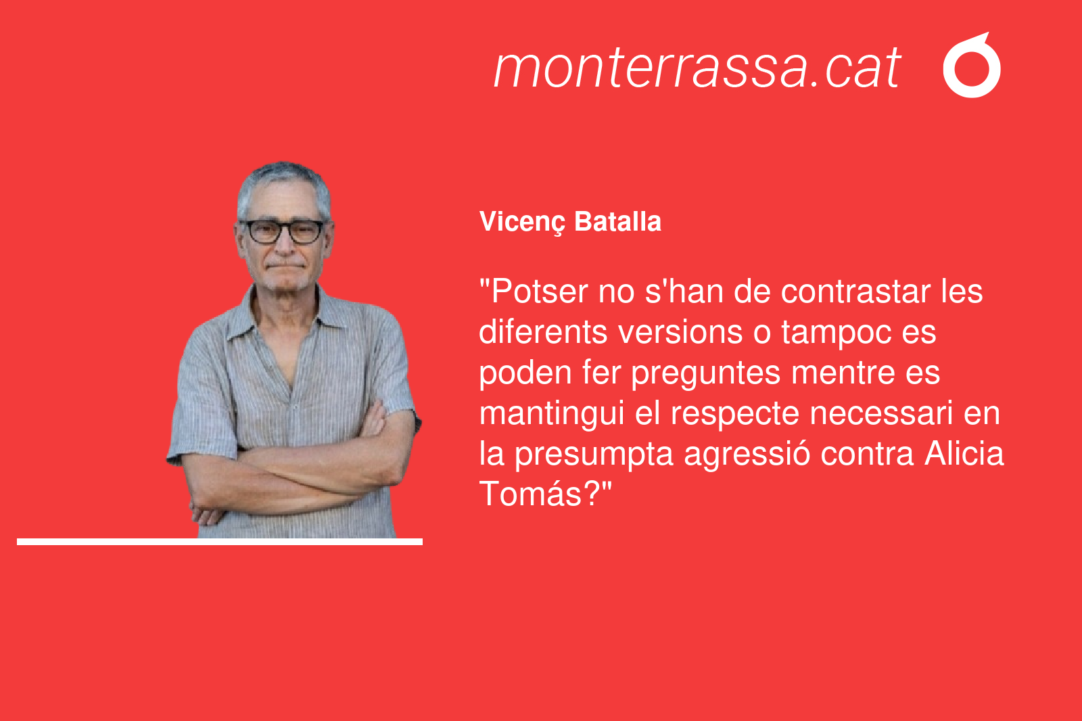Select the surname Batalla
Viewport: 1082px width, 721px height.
pyautogui.click(x=617, y=221)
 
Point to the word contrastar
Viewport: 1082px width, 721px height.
pyautogui.click(x=855, y=292)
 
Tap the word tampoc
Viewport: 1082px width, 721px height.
pyautogui.click(x=836, y=333)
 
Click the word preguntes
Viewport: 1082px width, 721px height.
pyautogui.click(x=706, y=374)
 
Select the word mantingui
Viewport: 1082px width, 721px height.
pyautogui.click(x=552, y=415)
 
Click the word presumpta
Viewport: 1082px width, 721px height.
pyautogui.click(x=594, y=455)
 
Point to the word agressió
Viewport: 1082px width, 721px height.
pyautogui.click(x=747, y=455)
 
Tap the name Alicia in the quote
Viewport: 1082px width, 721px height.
pyautogui.click(x=964, y=454)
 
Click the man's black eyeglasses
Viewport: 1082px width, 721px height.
pyautogui.click(x=285, y=231)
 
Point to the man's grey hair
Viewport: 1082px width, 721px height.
pyautogui.click(x=284, y=184)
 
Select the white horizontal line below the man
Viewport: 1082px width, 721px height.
pyautogui.click(x=220, y=542)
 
